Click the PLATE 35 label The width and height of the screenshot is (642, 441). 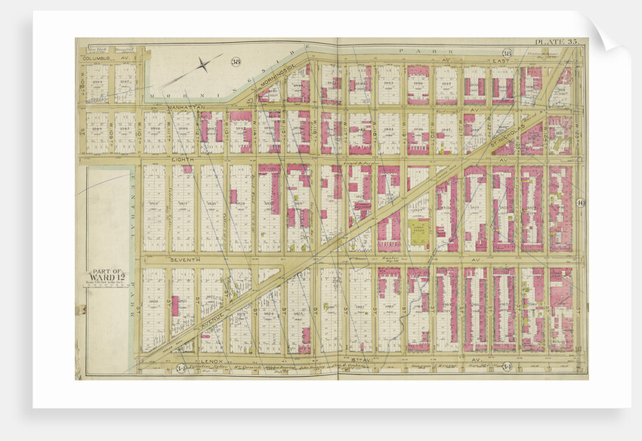557,42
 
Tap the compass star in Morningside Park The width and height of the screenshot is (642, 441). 202,65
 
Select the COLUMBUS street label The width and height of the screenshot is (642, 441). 97,57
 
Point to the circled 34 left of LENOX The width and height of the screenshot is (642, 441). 181,369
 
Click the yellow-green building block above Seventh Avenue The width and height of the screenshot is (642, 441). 418,236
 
